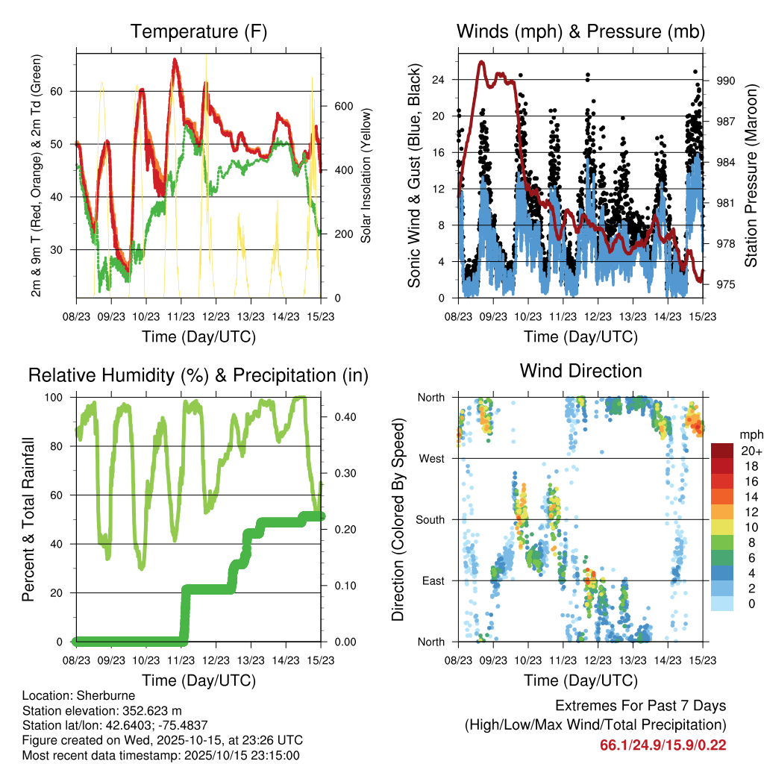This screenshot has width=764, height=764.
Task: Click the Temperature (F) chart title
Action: point(198,32)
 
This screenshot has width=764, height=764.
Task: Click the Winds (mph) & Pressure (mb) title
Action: point(581,32)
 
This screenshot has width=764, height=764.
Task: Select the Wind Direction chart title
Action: point(581,371)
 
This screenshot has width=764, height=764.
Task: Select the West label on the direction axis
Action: point(432,458)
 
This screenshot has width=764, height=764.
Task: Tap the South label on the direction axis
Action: point(430,519)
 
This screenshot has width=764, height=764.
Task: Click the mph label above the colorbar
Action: point(748,434)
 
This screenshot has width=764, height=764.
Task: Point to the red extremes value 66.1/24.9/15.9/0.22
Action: point(663,745)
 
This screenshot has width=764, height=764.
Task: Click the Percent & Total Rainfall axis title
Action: point(27,520)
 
